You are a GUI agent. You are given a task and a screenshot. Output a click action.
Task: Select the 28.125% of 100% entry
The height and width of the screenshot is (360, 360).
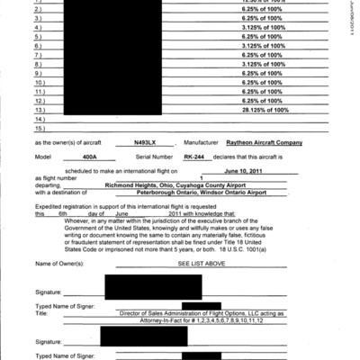click(x=265, y=110)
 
